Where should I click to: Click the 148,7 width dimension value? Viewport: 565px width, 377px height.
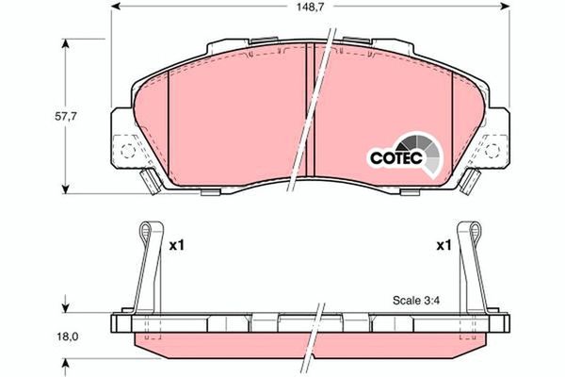(310, 7)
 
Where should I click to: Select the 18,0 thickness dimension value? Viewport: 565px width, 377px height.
(68, 336)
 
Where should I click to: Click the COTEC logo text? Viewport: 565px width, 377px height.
(396, 158)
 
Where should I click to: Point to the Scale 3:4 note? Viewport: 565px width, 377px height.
(416, 300)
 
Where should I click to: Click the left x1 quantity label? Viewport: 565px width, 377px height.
(177, 246)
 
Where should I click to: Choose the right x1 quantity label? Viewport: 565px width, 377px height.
(444, 246)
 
